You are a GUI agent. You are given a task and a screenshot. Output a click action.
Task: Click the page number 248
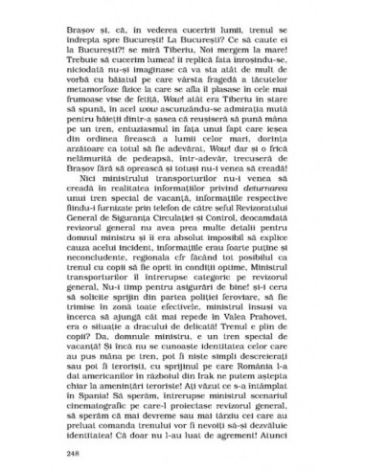click(x=73, y=450)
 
